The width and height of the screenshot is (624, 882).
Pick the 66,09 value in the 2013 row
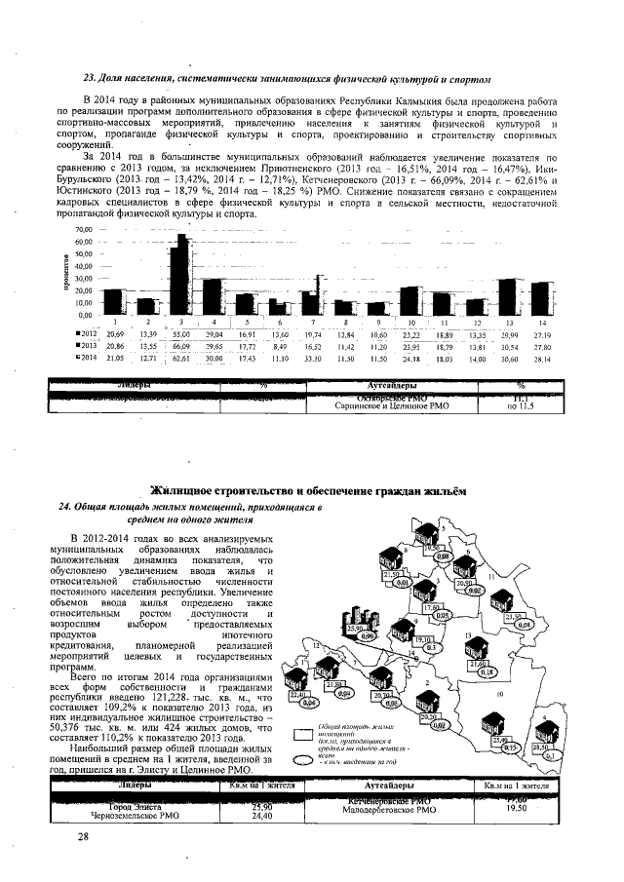coord(180,345)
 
